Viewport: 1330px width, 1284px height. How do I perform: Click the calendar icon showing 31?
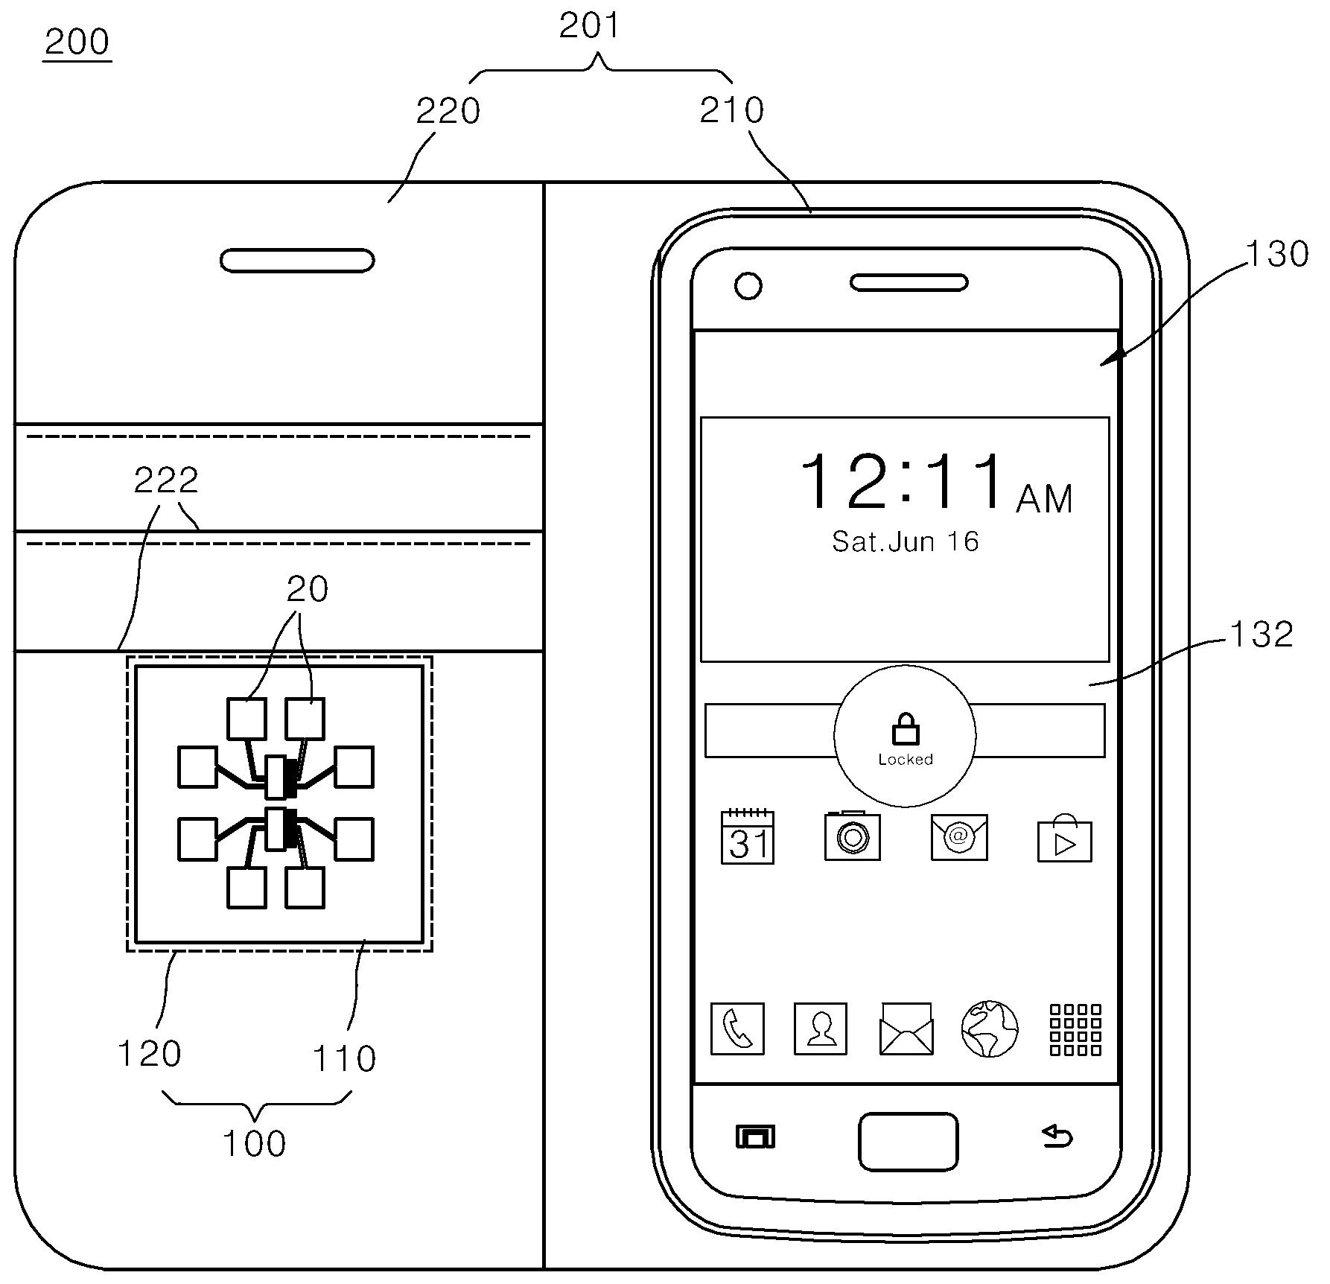coord(748,838)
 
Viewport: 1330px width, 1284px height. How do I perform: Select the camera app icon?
coord(853,837)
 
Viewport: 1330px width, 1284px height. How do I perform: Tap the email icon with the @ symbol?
coord(959,837)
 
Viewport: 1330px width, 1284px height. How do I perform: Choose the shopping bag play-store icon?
coord(1065,839)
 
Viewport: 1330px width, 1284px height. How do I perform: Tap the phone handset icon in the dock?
coord(737,1029)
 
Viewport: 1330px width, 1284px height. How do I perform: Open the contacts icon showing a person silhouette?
coord(821,1029)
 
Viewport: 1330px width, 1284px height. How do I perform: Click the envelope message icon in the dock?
coord(906,1029)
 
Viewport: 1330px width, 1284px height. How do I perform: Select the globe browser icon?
coord(990,1029)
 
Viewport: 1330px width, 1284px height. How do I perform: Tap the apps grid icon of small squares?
coord(1075,1029)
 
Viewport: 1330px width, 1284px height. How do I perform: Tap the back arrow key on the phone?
coord(1057,1137)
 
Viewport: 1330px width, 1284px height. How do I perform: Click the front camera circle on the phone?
coord(748,286)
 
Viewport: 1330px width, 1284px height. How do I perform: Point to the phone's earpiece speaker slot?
coord(909,283)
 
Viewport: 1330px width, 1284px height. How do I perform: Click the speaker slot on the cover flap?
coord(297,261)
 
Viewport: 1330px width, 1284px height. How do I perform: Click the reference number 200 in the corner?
coord(77,42)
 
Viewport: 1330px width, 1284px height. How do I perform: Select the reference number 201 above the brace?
coord(589,26)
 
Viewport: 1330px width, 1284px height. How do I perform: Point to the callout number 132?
coord(1261,635)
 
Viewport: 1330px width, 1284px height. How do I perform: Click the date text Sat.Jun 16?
coord(905,541)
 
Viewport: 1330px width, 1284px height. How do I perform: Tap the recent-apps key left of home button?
coord(755,1137)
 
